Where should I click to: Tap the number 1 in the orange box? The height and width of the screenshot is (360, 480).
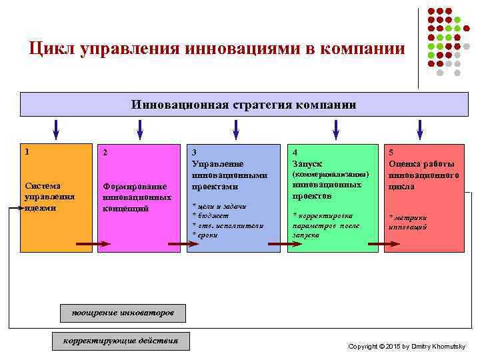[27, 151]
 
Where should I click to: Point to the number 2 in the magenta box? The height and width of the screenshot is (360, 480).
[105, 153]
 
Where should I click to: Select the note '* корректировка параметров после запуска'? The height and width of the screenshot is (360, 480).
[326, 225]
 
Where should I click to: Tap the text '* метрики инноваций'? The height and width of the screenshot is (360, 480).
[408, 222]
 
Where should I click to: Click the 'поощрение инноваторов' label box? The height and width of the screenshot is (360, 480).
[122, 312]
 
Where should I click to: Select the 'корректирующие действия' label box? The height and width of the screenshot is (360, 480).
[121, 341]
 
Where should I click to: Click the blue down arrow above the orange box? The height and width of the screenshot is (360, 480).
[56, 128]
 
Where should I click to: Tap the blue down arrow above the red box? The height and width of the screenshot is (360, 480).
[420, 128]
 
